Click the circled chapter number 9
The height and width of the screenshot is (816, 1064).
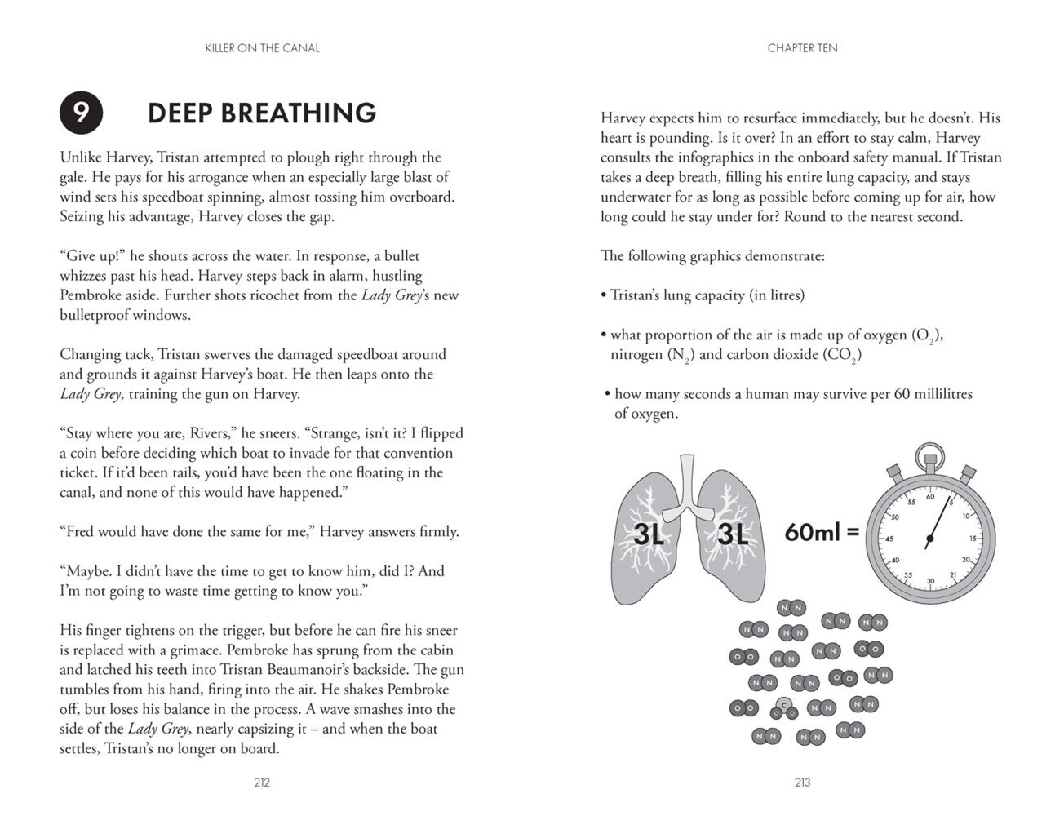[x=82, y=113]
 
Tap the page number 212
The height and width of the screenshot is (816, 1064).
[x=262, y=783]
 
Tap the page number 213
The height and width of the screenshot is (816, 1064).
[x=802, y=783]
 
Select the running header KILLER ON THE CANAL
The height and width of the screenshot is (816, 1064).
[x=262, y=48]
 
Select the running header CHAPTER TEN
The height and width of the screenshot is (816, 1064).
[x=802, y=48]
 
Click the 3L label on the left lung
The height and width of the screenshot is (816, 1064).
[x=650, y=534]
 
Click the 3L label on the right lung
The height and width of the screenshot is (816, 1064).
[x=731, y=534]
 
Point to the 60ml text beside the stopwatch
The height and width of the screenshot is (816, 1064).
[x=810, y=533]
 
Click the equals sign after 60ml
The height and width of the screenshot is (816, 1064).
[x=853, y=533]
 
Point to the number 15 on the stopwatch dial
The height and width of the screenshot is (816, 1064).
[x=973, y=539]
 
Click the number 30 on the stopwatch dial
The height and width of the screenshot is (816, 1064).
[x=930, y=581]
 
